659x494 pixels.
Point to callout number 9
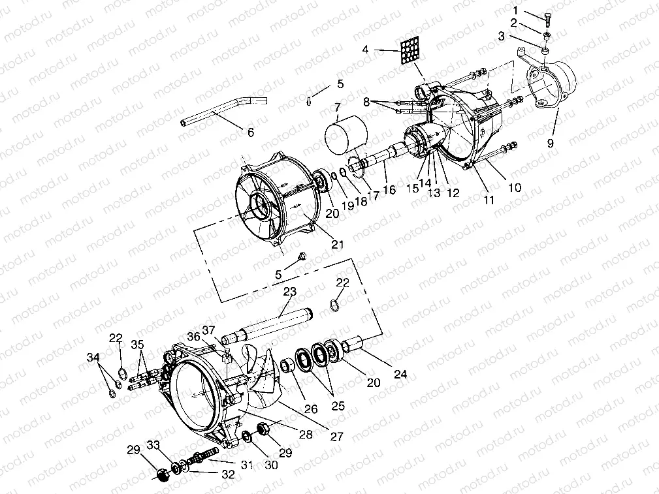point(551,144)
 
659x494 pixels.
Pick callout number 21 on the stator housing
point(337,245)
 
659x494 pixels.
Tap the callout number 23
point(290,292)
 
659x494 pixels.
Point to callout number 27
point(336,437)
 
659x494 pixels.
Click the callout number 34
point(95,357)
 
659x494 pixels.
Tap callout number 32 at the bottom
point(227,475)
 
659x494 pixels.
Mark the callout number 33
point(153,446)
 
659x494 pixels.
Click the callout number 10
point(515,188)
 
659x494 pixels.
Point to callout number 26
point(311,410)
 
